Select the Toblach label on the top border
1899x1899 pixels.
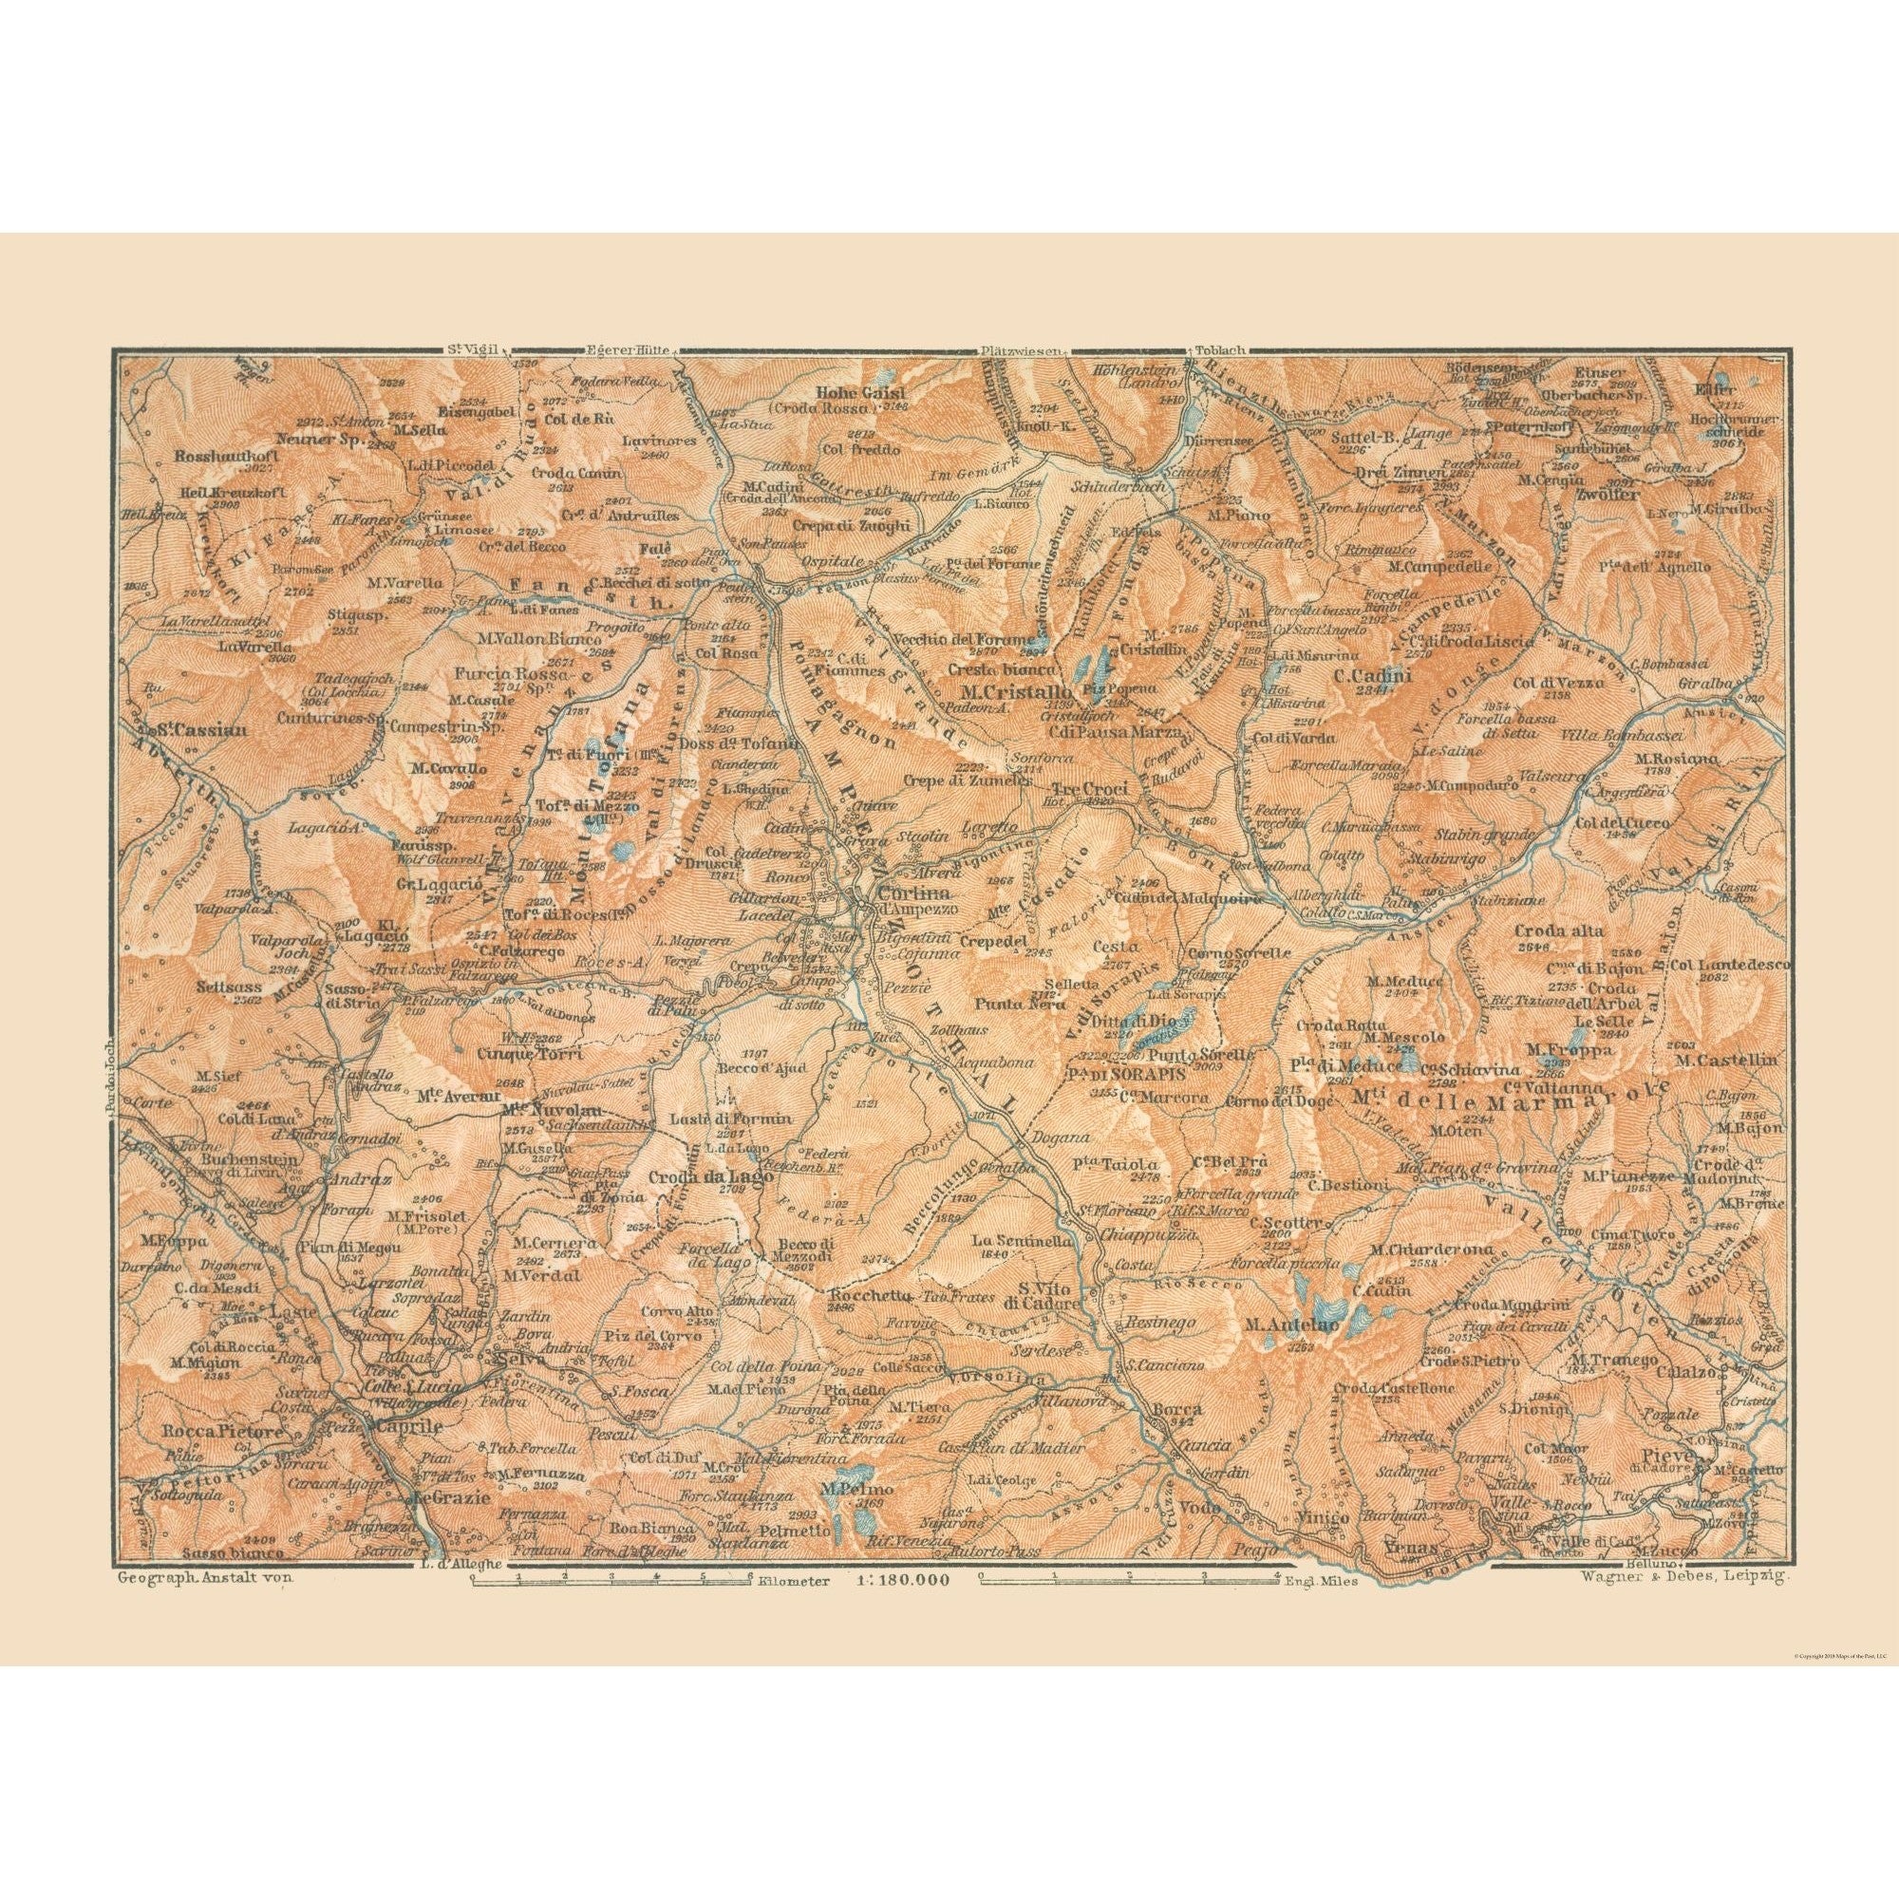(x=1220, y=348)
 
